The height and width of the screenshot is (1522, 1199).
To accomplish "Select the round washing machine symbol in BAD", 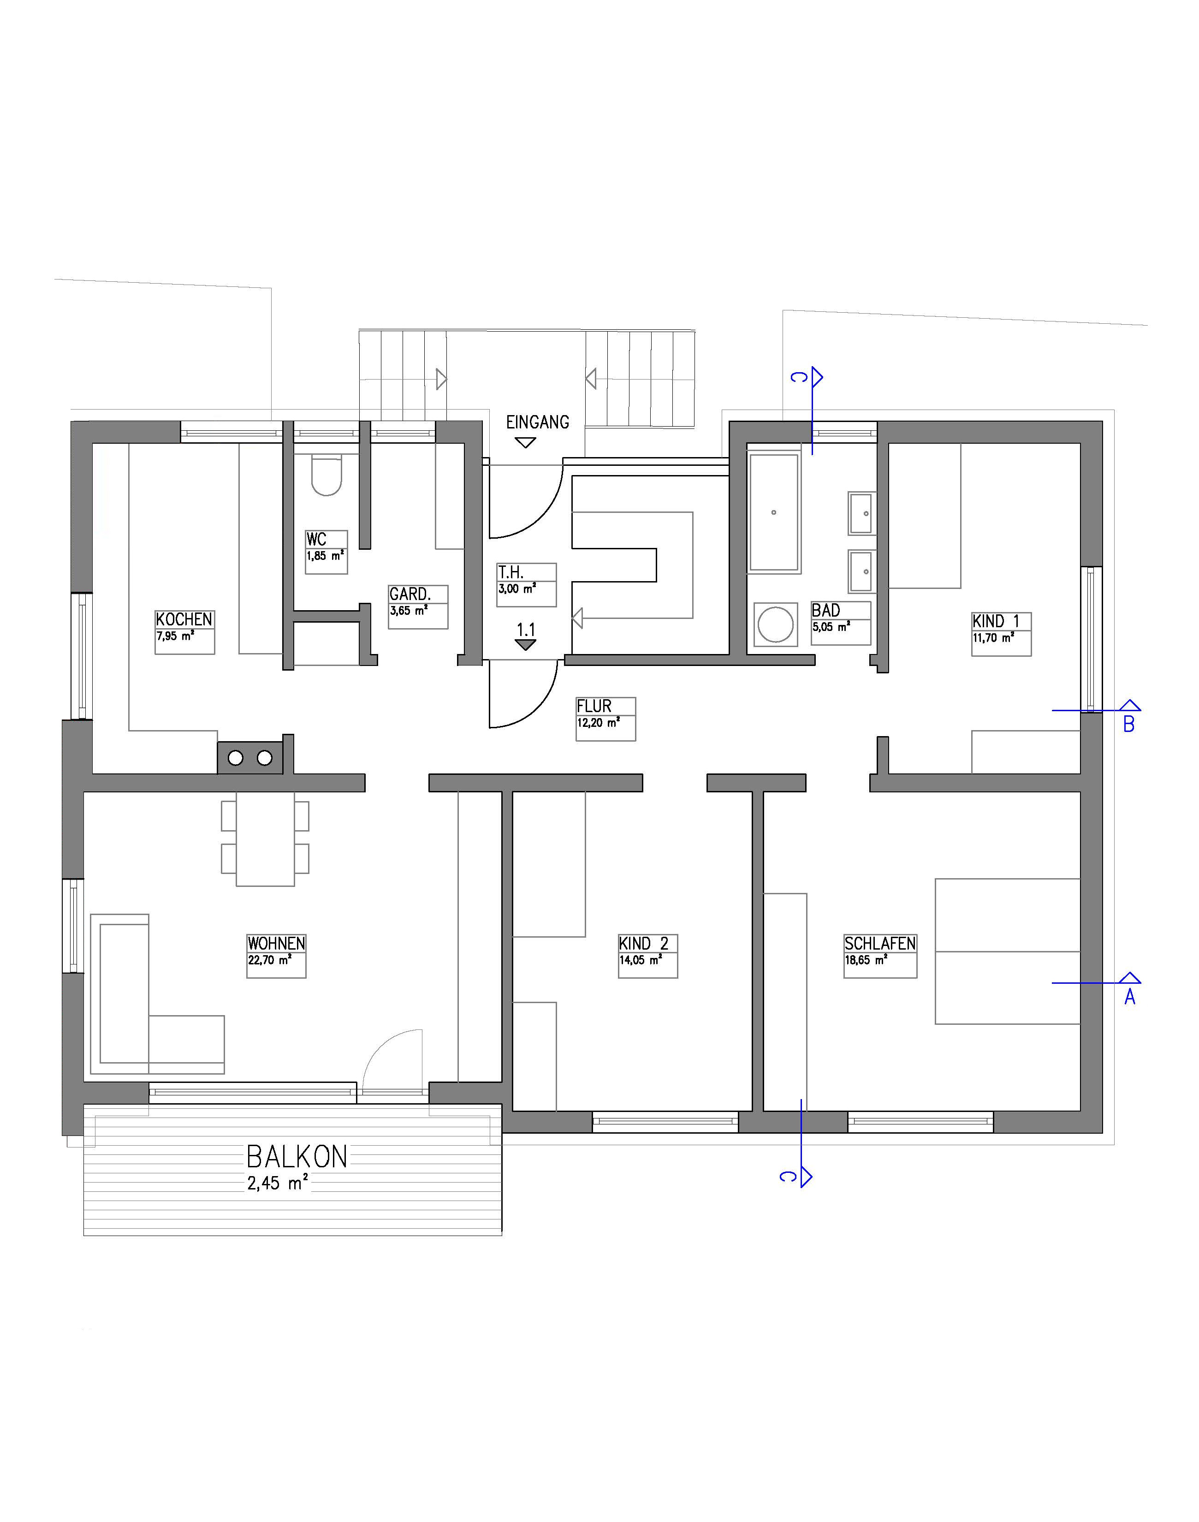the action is coord(776,624).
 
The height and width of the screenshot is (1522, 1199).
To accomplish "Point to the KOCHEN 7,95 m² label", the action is coord(184,632).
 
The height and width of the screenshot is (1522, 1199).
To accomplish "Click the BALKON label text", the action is coord(297,1156).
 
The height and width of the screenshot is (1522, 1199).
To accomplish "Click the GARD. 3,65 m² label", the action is coord(418,606).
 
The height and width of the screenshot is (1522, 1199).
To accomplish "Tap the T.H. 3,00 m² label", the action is coord(527,584).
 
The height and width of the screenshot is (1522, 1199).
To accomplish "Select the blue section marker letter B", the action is coord(1129,725).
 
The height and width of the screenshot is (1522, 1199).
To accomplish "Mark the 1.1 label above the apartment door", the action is coord(526,629).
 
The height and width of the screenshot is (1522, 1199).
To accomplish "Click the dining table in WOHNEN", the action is coord(265,839).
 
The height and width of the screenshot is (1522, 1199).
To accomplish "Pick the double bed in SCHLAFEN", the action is coord(1007,951).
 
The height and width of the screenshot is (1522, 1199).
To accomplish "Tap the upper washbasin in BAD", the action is coord(862,513).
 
